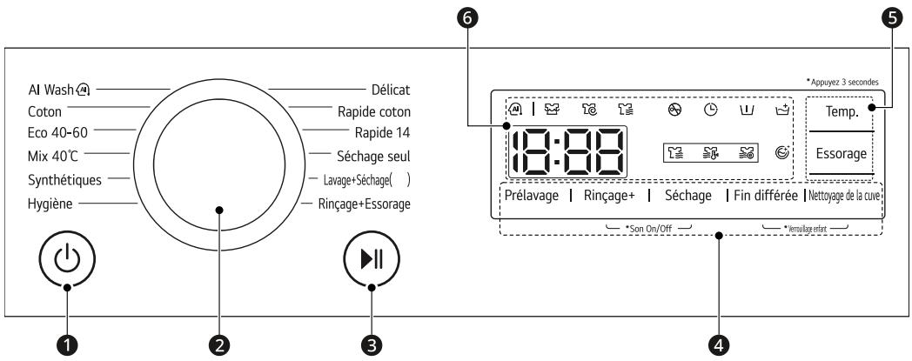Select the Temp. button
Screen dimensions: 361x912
click(842, 111)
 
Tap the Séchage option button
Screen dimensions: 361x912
click(687, 196)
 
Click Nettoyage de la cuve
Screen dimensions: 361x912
click(844, 196)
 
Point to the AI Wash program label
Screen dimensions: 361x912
click(58, 88)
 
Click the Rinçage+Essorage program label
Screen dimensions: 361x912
click(361, 204)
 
